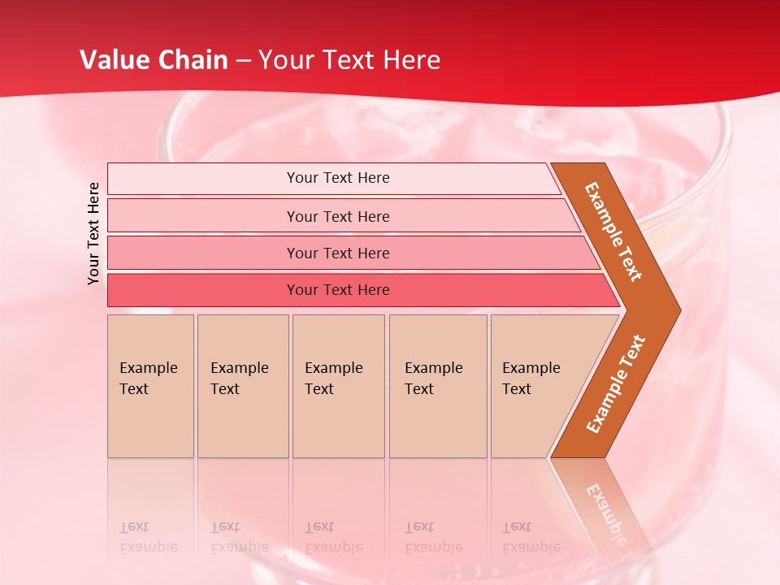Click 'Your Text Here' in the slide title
pos(349,60)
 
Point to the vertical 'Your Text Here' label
pos(93,233)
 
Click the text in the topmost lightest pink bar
pos(338,178)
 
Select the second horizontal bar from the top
pos(338,216)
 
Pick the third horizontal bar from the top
pos(338,253)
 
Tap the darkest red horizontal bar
pos(338,290)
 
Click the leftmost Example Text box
pos(150,386)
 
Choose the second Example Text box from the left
pos(242,386)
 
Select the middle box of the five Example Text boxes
pos(338,386)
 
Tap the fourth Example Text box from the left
pos(437,386)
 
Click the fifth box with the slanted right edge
pos(536,386)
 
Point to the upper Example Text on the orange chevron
pos(613,232)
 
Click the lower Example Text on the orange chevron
pos(616,383)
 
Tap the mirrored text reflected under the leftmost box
pos(148,537)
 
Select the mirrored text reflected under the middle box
pos(333,537)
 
